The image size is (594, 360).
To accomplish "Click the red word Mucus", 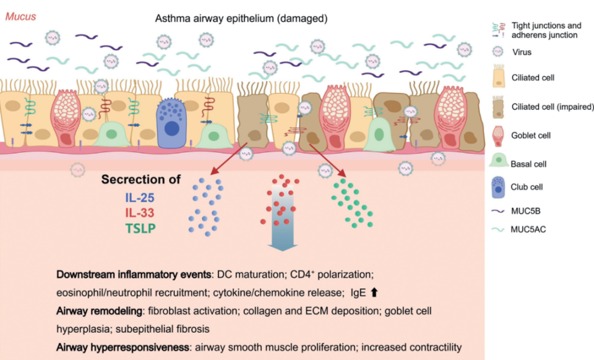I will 20,17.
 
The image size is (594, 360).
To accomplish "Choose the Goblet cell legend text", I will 530,135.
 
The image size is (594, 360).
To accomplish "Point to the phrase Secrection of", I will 141,180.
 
